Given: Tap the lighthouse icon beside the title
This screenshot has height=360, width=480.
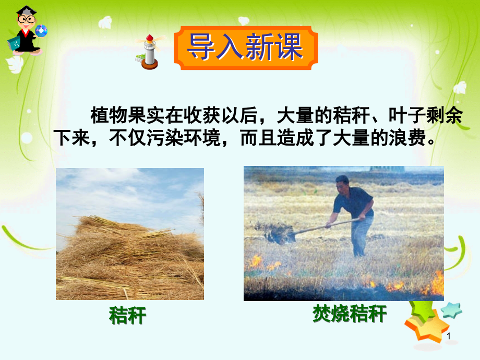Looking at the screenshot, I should click(x=149, y=52).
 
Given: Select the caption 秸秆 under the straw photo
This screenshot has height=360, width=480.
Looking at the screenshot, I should click(x=128, y=316).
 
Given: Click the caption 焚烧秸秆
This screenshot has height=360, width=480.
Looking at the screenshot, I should click(x=350, y=314).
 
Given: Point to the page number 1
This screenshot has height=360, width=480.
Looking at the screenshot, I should click(x=448, y=337).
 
